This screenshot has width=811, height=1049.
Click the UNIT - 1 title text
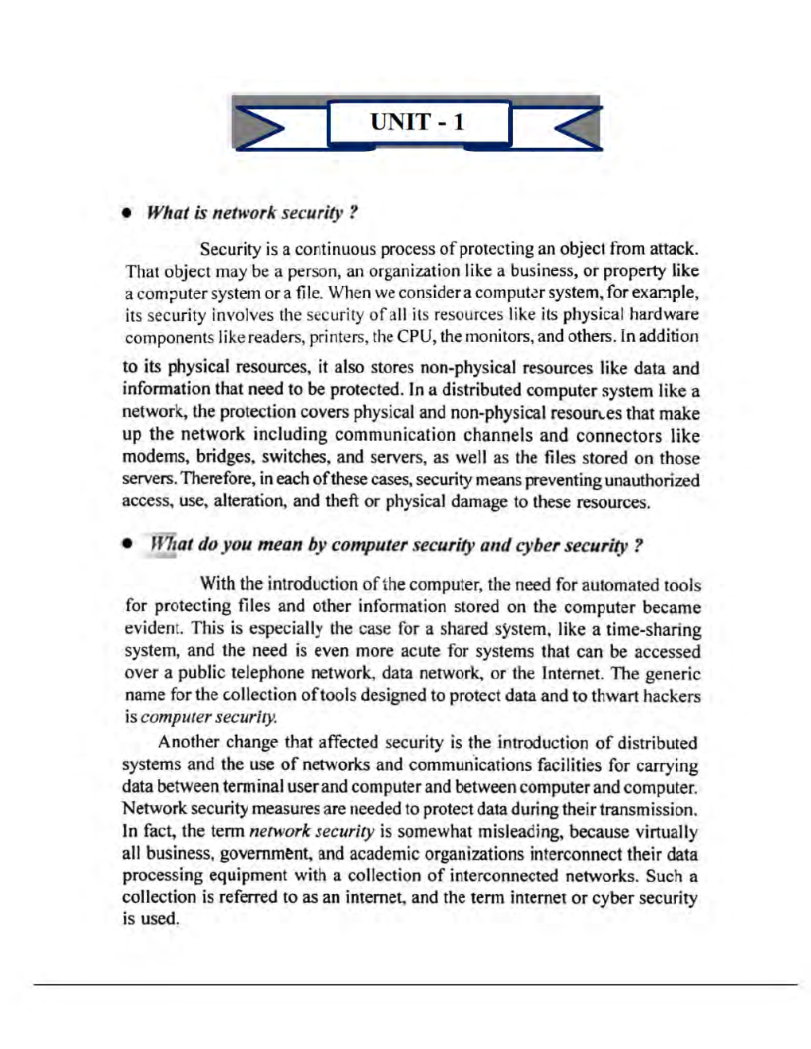point(417,122)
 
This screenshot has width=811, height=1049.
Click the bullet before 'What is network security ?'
point(126,214)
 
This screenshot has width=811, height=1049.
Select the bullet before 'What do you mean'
point(126,545)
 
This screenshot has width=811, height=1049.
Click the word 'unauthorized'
point(652,480)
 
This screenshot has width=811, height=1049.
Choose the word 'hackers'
point(673,695)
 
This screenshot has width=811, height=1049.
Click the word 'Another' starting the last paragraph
point(188,742)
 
